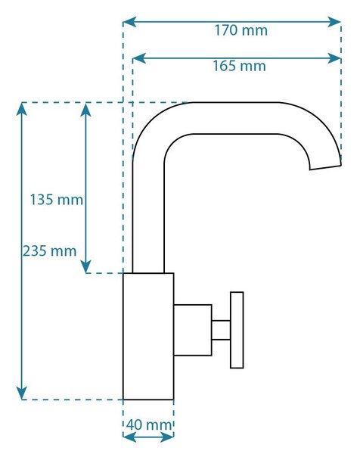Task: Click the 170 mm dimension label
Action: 241,30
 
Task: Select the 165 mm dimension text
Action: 239,66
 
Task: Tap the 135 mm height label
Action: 57,200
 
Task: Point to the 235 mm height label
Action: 49,250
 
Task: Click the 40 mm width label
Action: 149,425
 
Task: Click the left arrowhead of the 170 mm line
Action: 129,22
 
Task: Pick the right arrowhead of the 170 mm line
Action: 334,22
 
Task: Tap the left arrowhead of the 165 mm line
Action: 139,58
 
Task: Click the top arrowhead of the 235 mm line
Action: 22,109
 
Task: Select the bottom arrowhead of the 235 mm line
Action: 22,393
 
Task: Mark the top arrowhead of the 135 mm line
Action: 86,110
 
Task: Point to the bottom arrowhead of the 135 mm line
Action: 86,266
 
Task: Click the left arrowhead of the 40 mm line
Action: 129,437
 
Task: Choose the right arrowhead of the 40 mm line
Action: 167,437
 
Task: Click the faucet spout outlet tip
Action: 325,168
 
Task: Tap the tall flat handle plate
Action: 237,330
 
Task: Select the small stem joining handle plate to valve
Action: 221,330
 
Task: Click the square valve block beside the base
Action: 192,330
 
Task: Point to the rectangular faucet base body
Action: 148,337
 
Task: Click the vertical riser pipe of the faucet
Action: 148,217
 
